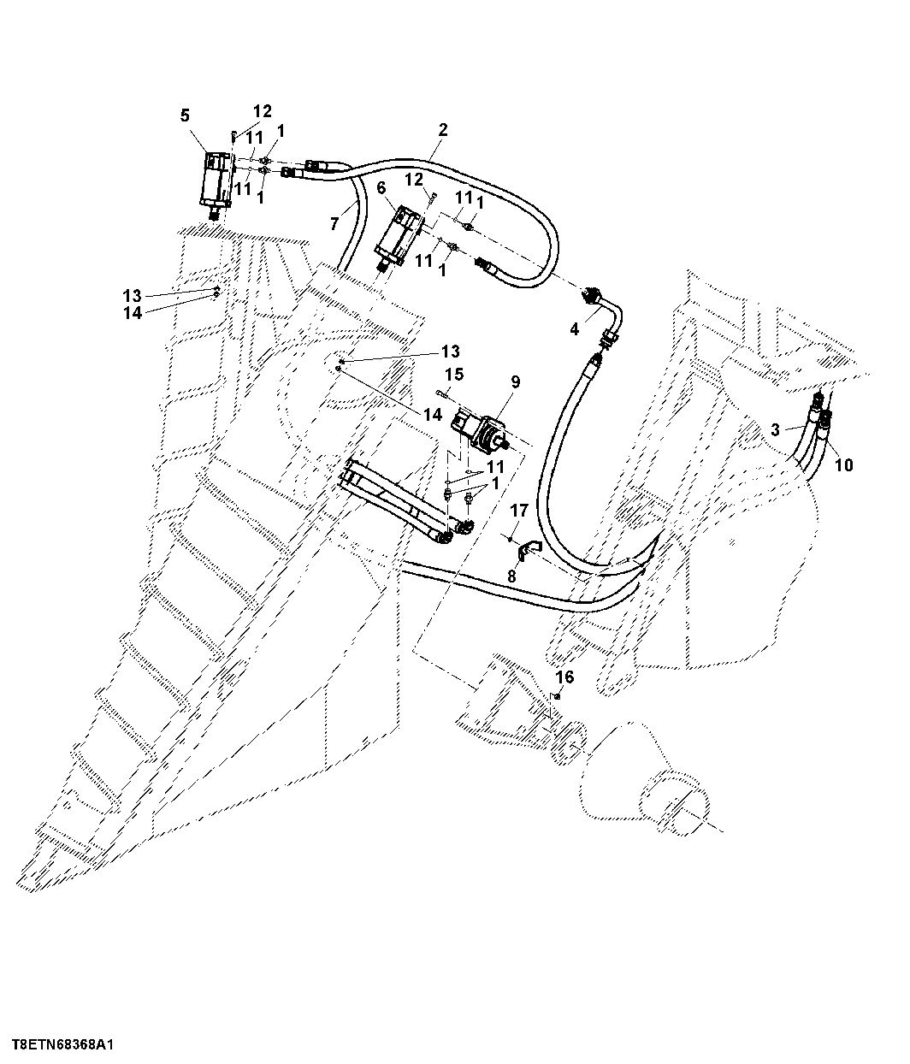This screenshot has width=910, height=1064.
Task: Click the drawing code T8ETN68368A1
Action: click(x=62, y=1045)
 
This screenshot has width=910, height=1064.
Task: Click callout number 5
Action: click(x=185, y=115)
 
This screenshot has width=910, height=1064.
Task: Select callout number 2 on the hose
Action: click(x=443, y=130)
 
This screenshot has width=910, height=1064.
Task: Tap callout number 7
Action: click(x=334, y=224)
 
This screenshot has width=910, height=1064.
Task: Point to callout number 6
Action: click(x=381, y=188)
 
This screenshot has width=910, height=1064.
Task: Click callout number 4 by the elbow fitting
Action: click(x=575, y=329)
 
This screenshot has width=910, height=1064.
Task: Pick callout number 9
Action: click(x=515, y=382)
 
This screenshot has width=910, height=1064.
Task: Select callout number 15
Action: click(x=454, y=375)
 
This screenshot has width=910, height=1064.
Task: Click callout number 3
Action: click(x=776, y=429)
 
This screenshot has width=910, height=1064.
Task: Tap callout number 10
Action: click(x=843, y=465)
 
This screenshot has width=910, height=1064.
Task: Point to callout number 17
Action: click(x=519, y=511)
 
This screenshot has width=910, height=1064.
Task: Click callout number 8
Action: click(x=511, y=576)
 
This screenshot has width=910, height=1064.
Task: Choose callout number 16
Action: click(x=564, y=677)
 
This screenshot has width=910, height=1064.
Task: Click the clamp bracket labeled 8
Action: click(x=526, y=551)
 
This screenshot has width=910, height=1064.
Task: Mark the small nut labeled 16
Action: click(x=558, y=696)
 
